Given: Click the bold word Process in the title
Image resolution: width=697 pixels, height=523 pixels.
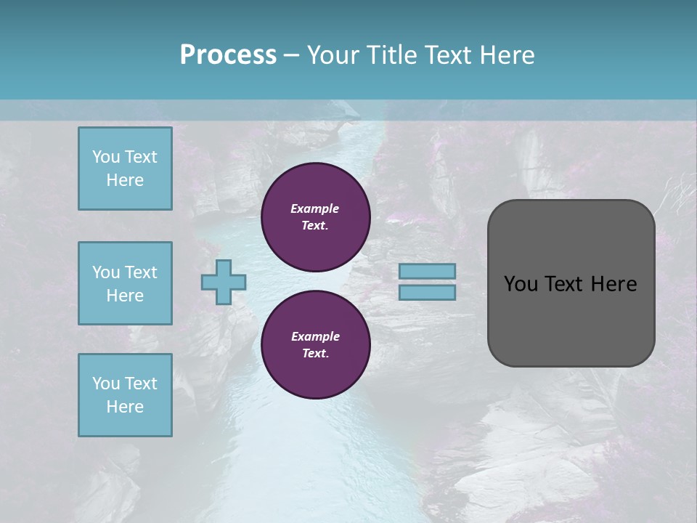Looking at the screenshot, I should coord(228,55).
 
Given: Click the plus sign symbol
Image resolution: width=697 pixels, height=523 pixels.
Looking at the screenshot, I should coord(224,282).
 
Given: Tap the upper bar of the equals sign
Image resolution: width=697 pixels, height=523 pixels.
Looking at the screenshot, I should coord(427,271).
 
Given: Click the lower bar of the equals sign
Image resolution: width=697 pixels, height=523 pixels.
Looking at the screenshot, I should coord(427,292).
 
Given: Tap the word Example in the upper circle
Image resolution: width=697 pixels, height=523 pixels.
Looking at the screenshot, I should coord(315,208).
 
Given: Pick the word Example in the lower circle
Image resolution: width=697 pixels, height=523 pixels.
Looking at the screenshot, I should coord(315,336).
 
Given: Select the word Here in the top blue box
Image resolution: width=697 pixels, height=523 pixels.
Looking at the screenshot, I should coord(125,180).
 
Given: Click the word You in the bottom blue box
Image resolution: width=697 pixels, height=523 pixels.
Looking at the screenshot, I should coord(106,384).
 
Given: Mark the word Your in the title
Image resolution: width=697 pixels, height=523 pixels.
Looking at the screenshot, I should coord(333,55).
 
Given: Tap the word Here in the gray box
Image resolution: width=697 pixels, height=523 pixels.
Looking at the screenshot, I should coord(614,283).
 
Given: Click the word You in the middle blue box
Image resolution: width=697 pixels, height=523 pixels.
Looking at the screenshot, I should coord(106,272).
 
